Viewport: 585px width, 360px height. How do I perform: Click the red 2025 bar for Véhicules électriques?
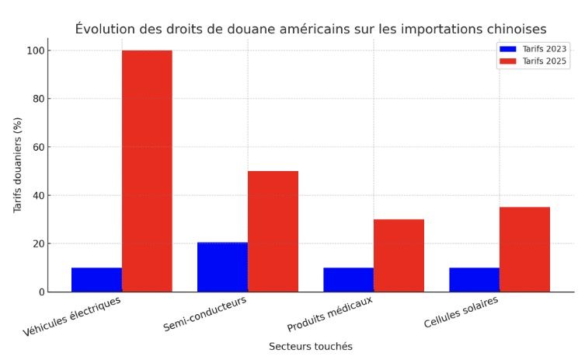(x=147, y=171)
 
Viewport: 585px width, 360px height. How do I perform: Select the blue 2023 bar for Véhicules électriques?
(x=96, y=280)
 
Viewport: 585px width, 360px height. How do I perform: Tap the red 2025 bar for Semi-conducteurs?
(x=273, y=231)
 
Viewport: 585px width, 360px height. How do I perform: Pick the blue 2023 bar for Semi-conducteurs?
(x=222, y=267)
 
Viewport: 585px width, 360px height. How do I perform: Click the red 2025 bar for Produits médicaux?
(x=399, y=255)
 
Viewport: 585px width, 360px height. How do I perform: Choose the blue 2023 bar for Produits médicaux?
(x=348, y=280)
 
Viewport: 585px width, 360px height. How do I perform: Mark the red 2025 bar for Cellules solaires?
(x=524, y=249)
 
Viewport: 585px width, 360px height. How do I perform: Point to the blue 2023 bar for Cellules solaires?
(x=474, y=280)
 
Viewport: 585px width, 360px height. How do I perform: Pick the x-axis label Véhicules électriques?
(x=71, y=316)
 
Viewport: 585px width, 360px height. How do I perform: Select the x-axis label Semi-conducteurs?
(x=205, y=313)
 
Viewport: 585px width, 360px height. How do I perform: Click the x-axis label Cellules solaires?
(x=461, y=311)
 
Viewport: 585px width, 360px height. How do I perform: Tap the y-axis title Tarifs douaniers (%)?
(x=18, y=165)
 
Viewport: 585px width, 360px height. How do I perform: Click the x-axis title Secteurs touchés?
(x=310, y=346)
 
